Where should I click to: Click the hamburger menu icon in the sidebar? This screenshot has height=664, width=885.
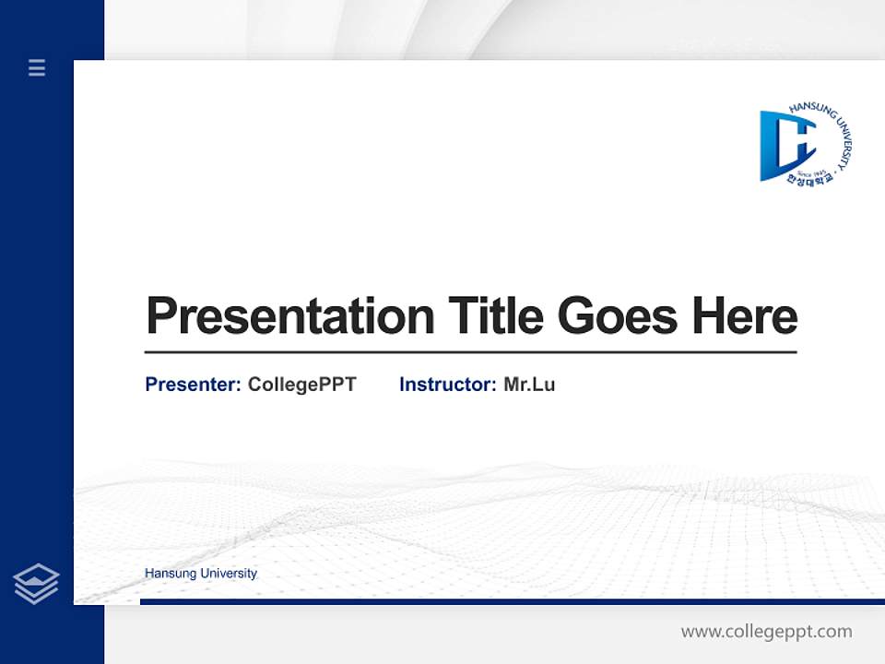pos(37,67)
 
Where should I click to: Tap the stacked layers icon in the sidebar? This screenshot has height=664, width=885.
pos(36,584)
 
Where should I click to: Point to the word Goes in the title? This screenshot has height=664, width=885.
pos(618,315)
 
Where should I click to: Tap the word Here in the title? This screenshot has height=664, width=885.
pos(745,315)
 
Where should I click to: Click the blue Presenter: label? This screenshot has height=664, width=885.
pos(193,385)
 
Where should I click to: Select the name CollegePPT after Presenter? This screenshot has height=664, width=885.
pos(301,385)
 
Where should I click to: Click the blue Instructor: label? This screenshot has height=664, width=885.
pos(447,385)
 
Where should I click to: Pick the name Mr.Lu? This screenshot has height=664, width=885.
pos(529,385)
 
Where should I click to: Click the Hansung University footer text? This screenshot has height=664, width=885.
pos(201,574)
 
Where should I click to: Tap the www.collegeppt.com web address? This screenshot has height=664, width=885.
pos(766,632)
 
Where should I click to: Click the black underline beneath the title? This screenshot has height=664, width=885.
pos(470,352)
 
